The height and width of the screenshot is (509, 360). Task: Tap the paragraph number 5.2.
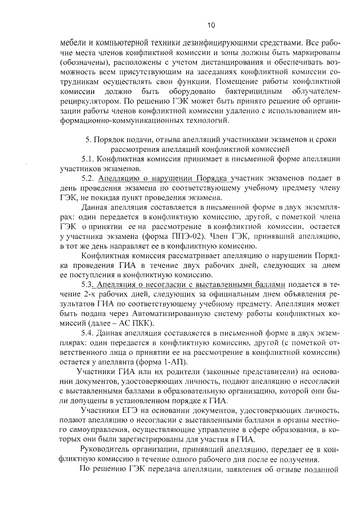pos(88,178)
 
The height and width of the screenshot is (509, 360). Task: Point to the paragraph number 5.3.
pos(88,285)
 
